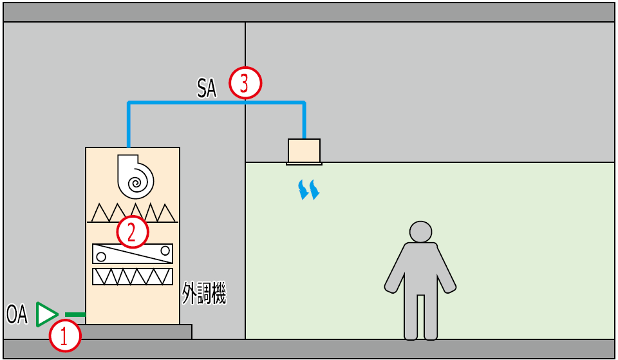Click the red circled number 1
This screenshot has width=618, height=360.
[x=66, y=336]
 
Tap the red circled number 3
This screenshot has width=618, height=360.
[x=245, y=83]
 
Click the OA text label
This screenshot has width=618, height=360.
[x=17, y=315]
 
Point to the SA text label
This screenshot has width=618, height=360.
[x=207, y=88]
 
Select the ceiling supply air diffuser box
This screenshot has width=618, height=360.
[x=304, y=151]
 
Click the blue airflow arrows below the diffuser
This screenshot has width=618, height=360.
[x=309, y=189]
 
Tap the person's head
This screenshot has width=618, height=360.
[x=420, y=232]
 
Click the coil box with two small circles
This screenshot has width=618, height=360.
[x=133, y=254]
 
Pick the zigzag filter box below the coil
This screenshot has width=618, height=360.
[x=133, y=276]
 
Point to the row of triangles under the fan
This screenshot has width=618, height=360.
[x=133, y=213]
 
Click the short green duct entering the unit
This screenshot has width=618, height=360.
[x=75, y=315]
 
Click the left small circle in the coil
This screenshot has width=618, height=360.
[x=100, y=257]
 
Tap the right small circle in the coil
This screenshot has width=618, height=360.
[x=165, y=250]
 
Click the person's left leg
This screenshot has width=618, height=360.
[x=410, y=316]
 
